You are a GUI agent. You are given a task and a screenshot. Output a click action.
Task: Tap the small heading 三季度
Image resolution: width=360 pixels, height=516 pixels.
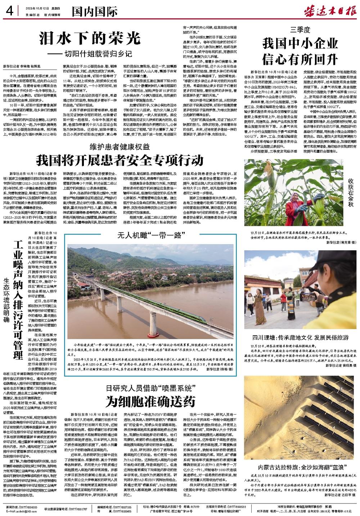tap(300, 30)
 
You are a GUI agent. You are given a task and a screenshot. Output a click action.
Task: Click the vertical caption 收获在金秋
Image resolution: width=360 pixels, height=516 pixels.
tap(351, 193)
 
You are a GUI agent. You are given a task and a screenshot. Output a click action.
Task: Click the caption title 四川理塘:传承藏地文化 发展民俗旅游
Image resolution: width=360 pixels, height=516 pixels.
tap(300, 338)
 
